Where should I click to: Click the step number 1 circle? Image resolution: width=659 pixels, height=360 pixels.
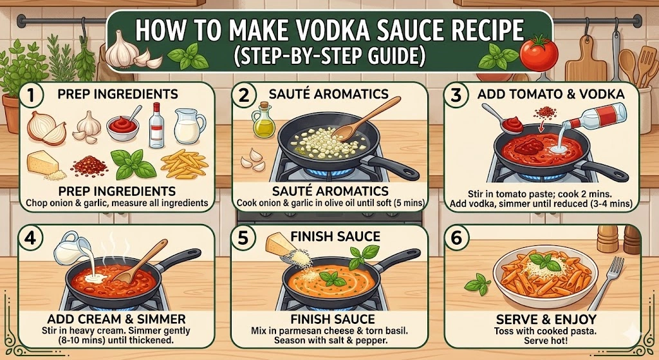point(31,95)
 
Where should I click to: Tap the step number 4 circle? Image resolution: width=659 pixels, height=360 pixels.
point(30,238)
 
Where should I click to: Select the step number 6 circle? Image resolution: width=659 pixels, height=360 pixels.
point(456,238)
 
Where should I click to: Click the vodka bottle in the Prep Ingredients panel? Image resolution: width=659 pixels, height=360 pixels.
point(156,126)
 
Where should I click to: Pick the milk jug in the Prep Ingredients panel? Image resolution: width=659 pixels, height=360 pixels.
point(190,126)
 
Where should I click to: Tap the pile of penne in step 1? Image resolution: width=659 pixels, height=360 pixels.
point(185,164)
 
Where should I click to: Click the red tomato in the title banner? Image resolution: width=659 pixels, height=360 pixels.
point(539,55)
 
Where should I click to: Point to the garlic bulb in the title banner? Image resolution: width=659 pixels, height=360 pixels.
point(122,49)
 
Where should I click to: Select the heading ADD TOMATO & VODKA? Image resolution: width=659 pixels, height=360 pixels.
point(551,94)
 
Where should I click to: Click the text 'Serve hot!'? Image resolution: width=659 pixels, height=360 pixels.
point(545,340)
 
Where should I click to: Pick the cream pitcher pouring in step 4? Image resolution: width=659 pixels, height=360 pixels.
point(72,249)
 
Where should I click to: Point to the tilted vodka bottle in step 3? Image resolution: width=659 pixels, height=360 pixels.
point(594,117)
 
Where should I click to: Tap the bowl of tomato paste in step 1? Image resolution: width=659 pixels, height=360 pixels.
point(122,127)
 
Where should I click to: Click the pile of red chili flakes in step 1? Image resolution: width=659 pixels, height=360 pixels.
point(89,166)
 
